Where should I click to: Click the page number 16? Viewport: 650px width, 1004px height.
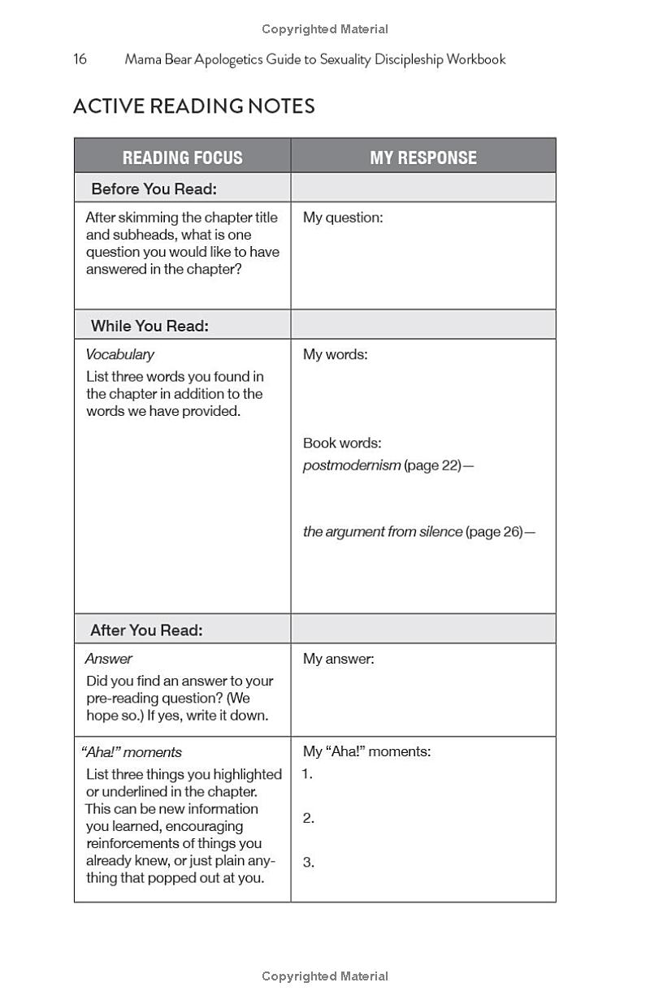pyautogui.click(x=80, y=59)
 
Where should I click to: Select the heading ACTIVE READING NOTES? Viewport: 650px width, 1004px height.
pyautogui.click(x=194, y=106)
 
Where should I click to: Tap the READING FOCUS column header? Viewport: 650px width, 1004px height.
pyautogui.click(x=183, y=158)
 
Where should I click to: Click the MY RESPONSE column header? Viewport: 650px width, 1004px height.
pyautogui.click(x=423, y=158)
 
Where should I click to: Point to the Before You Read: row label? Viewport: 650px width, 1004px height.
pyautogui.click(x=154, y=189)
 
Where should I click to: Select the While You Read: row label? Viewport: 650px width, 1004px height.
pyautogui.click(x=149, y=326)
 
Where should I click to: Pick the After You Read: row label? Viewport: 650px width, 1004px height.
pyautogui.click(x=146, y=630)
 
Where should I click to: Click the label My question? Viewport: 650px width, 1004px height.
pyautogui.click(x=342, y=218)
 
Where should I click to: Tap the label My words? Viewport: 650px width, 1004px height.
pyautogui.click(x=335, y=354)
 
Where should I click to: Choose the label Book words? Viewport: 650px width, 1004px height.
pyautogui.click(x=342, y=443)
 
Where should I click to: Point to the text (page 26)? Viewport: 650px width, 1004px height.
pyautogui.click(x=495, y=532)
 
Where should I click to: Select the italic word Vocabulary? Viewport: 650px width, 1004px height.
pyautogui.click(x=119, y=354)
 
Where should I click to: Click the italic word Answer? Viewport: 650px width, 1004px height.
pyautogui.click(x=109, y=659)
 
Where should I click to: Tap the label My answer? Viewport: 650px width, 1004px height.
pyautogui.click(x=338, y=659)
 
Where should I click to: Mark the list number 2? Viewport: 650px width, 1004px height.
pyautogui.click(x=309, y=819)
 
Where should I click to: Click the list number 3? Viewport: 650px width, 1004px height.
pyautogui.click(x=309, y=863)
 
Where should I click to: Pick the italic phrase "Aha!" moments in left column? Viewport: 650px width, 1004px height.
pyautogui.click(x=131, y=752)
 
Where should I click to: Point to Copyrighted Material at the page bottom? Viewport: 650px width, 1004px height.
pyautogui.click(x=325, y=976)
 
